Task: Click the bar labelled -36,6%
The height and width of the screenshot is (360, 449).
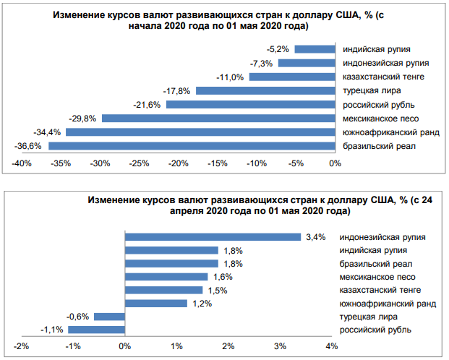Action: (x=192, y=146)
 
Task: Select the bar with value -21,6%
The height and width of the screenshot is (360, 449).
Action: (x=251, y=104)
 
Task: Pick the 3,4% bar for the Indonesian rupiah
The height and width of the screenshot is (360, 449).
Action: (x=213, y=236)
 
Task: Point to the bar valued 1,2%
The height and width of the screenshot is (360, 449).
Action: (x=156, y=303)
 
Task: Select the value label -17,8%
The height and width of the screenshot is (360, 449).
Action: (x=179, y=90)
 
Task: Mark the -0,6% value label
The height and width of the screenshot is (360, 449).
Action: (x=77, y=317)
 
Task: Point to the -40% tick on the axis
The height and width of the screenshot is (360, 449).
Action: (x=22, y=163)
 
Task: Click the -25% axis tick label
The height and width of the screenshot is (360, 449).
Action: (x=139, y=163)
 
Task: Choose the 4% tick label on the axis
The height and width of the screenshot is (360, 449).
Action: (x=332, y=346)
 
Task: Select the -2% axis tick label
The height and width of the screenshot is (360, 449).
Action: (x=21, y=346)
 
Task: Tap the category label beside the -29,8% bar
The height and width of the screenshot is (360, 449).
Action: (x=380, y=119)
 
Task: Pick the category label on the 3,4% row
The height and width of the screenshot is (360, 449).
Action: (x=382, y=237)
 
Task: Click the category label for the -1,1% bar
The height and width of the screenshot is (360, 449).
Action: (x=375, y=330)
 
